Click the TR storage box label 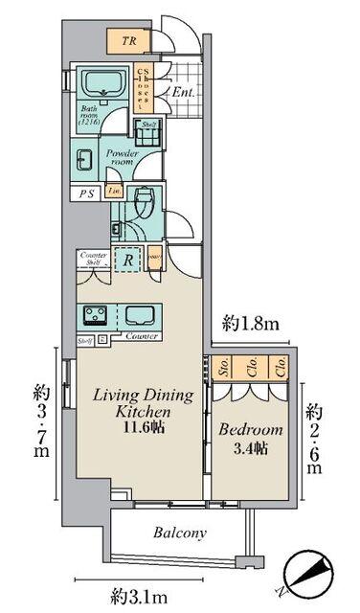tap(127, 41)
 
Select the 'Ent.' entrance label tap(185, 92)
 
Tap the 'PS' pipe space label tap(84, 193)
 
